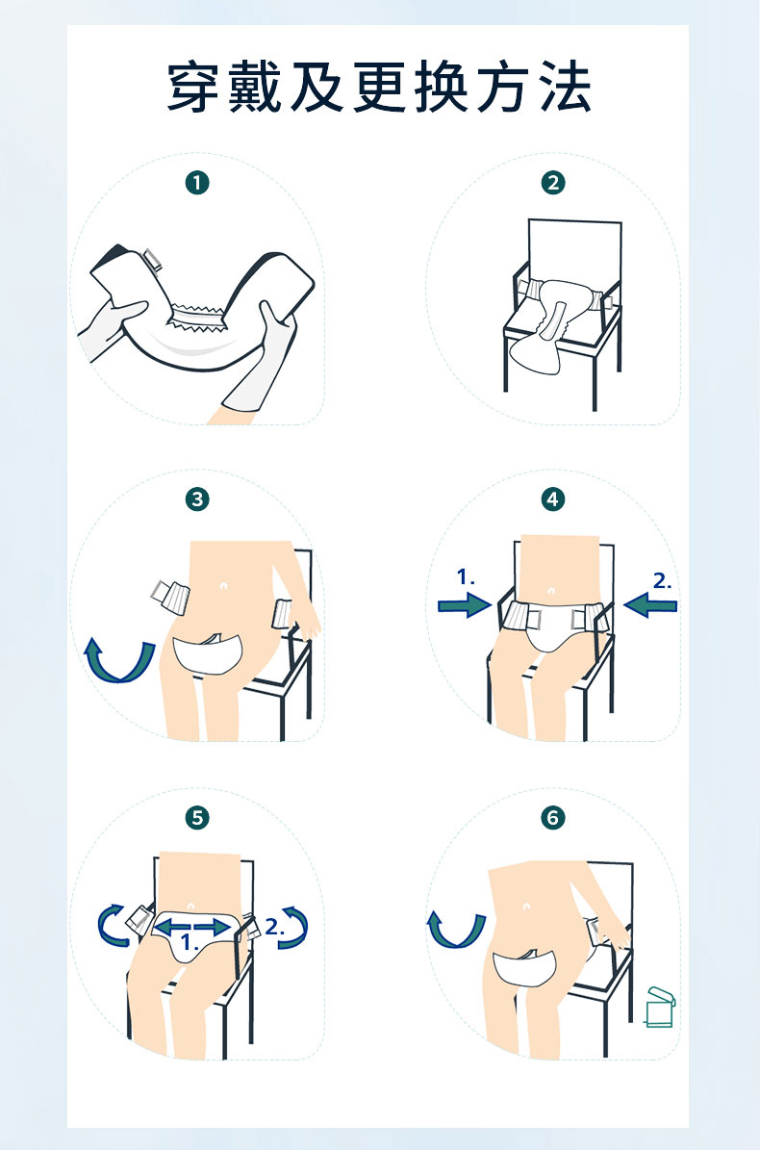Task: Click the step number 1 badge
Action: [x=197, y=183]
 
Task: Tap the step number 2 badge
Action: [x=552, y=183]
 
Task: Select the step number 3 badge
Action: [x=197, y=499]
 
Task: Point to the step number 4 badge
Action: [x=552, y=499]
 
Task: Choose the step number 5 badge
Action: [x=197, y=817]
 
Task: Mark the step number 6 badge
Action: [x=552, y=817]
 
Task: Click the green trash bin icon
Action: [x=660, y=1007]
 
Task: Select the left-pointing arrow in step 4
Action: [x=650, y=606]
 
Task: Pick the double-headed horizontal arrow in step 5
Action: [x=193, y=927]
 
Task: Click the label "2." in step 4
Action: [x=662, y=581]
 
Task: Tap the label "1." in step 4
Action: [x=466, y=577]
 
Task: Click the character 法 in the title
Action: [x=566, y=88]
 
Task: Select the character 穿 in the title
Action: [x=194, y=88]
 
